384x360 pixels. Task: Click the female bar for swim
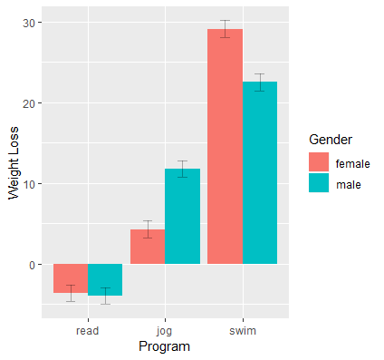226,145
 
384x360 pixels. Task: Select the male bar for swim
260,172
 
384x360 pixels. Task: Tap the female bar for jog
148,247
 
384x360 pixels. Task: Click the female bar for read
71,278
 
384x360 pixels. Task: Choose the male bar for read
105,279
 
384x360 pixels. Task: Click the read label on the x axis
88,331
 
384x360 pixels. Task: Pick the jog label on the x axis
165,331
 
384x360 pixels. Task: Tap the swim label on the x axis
243,331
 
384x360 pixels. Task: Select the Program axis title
165,347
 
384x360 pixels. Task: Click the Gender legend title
331,139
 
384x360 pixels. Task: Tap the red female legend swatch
319,162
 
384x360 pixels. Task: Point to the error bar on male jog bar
182,169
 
